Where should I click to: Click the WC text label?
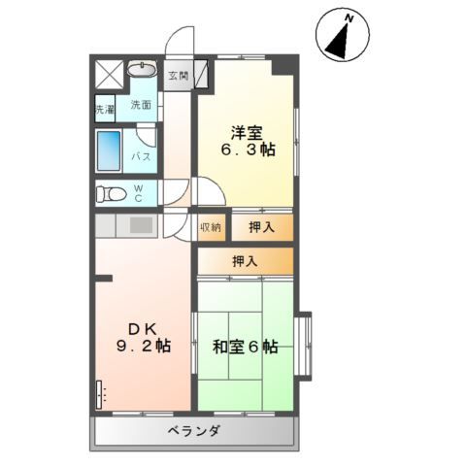138,192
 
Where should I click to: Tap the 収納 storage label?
211,227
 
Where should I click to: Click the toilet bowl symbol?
110,192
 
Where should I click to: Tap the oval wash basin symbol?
142,70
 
